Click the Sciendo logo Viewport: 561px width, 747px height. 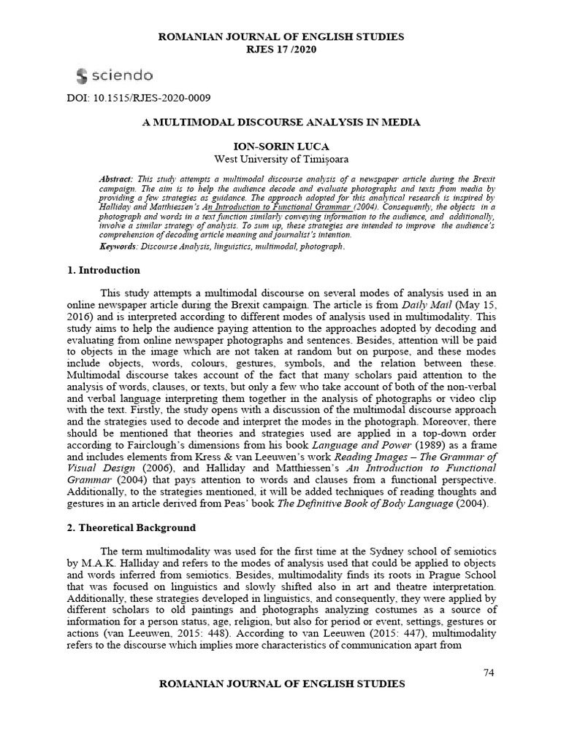[114, 75]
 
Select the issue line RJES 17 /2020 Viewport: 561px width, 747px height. [280, 50]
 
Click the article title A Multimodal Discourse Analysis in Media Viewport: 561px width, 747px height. [280, 123]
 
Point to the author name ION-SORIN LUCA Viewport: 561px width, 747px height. [280, 147]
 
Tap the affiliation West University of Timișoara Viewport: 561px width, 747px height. [280, 159]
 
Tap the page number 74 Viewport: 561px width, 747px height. [489, 672]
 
